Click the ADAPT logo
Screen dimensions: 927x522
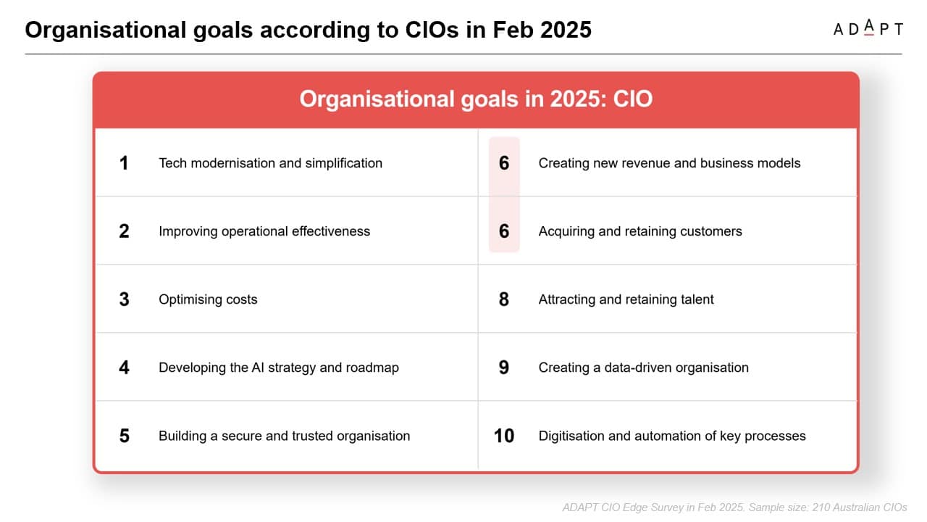tap(868, 28)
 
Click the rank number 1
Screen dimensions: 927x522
tap(124, 163)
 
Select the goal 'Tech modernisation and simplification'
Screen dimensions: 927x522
tap(271, 163)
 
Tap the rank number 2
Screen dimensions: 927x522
tap(124, 231)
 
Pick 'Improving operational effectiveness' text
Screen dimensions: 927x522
tap(264, 231)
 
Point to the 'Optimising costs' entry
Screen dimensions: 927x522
tap(208, 299)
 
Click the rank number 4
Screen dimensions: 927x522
tap(124, 368)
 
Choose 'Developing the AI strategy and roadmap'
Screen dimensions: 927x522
tap(279, 368)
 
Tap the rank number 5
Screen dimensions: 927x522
tap(124, 436)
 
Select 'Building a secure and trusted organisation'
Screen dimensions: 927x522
tap(285, 436)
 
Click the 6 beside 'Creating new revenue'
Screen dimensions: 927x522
tap(503, 163)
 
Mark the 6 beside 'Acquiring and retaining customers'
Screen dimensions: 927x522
tap(503, 231)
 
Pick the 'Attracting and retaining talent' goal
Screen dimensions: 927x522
tap(626, 299)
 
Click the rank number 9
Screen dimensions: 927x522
tap(503, 368)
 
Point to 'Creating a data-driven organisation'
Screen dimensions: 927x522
tap(644, 368)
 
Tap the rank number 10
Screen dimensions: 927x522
tap(503, 436)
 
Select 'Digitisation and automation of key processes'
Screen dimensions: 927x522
tap(672, 436)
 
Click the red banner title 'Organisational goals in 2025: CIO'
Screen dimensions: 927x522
tap(476, 99)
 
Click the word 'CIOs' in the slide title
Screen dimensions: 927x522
tap(432, 30)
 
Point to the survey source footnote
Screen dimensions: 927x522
tap(734, 507)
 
